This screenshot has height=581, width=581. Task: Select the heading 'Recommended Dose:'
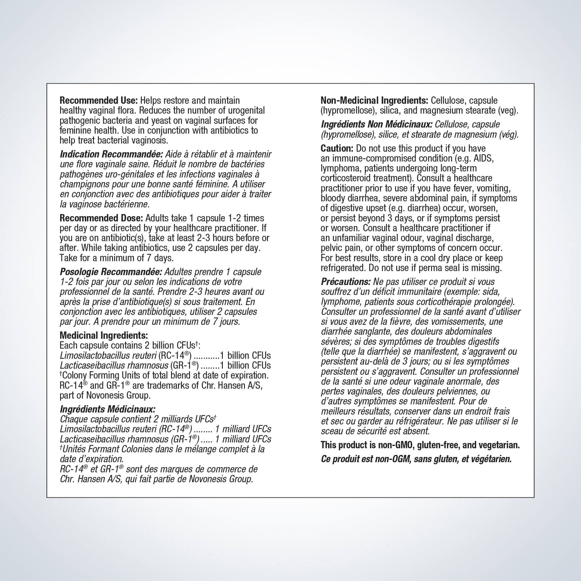101,218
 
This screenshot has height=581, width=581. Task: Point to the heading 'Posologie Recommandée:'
111,272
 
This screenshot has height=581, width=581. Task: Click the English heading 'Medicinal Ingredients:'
104,335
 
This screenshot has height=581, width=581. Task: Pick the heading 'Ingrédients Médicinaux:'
107,409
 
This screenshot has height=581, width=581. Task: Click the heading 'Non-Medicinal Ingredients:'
374,100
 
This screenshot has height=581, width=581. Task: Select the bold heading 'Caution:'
337,149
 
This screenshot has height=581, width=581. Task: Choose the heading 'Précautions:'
346,281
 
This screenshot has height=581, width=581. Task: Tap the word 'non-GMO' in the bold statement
395,445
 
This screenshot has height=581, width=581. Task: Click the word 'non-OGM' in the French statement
393,459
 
